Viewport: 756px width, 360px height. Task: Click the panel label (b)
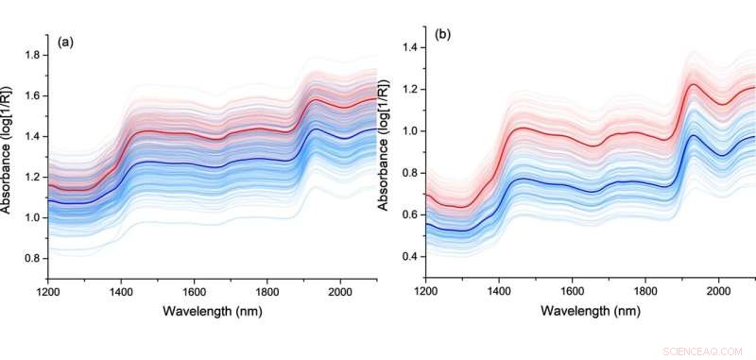[x=442, y=36]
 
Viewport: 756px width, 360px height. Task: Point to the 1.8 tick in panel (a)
[x=33, y=56]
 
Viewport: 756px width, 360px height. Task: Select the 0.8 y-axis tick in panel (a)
[x=33, y=258]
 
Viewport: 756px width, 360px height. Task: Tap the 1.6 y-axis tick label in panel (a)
[x=33, y=96]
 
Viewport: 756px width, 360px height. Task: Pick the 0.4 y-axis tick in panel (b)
[x=408, y=257]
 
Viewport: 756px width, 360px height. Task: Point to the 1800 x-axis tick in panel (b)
[x=645, y=293]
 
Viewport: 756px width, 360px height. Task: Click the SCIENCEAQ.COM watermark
[x=707, y=345]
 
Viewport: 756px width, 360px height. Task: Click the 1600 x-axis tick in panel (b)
[x=572, y=293]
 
